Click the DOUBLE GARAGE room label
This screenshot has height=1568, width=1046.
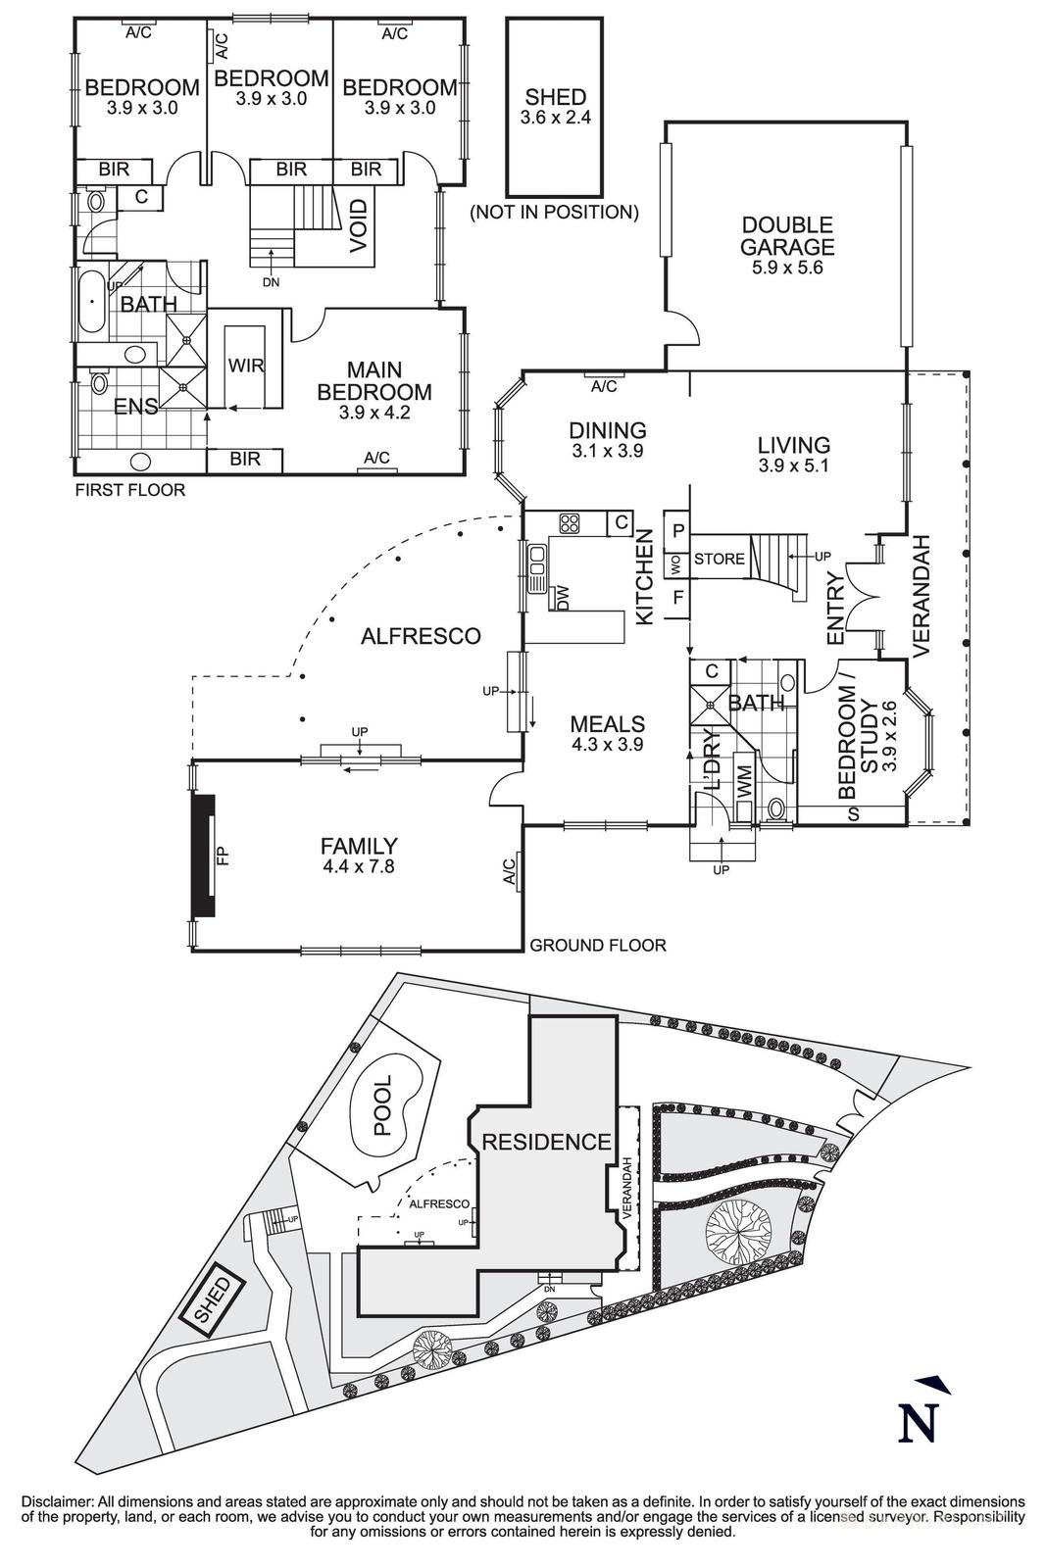787,237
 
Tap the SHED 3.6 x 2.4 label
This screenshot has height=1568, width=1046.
555,106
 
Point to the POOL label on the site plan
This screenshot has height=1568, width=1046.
382,1105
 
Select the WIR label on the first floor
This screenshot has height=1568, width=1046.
246,366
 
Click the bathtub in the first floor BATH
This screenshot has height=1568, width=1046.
94,304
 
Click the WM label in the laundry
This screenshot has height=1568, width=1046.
743,782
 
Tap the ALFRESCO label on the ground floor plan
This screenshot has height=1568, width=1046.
421,636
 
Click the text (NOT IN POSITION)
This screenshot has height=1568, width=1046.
554,212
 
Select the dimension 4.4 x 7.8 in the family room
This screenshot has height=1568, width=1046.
358,865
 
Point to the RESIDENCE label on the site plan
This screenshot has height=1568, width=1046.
546,1142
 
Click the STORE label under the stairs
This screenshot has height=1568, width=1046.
720,559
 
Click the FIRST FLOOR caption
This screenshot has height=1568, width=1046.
129,490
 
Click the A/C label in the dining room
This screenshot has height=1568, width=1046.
604,387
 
